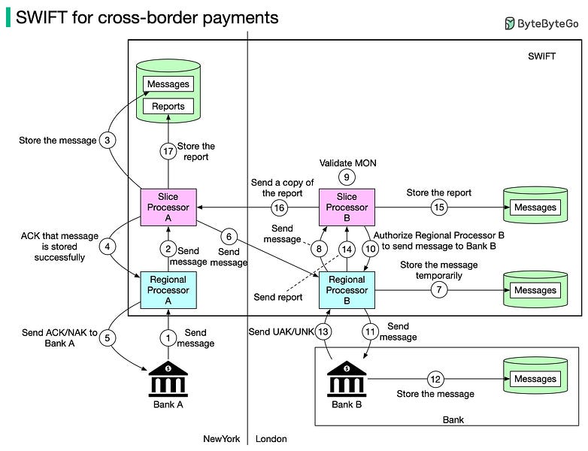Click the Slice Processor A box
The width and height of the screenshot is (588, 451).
[x=168, y=207]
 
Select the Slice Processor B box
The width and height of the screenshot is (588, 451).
[x=347, y=207]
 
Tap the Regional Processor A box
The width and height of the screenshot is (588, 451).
[x=168, y=290]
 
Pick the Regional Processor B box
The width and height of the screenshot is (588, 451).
[x=347, y=290]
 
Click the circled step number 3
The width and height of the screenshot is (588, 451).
[x=108, y=140]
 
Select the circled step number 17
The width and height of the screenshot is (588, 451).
[x=168, y=152]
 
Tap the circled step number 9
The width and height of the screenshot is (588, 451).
[x=347, y=178]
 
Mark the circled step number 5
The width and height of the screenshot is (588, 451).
[x=108, y=338]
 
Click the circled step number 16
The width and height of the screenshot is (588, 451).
[x=280, y=207]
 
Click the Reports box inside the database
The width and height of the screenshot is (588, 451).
[x=168, y=106]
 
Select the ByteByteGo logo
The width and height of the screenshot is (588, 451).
[x=541, y=23]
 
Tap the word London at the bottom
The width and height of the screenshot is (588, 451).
[x=271, y=439]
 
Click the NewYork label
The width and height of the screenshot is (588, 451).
[x=221, y=439]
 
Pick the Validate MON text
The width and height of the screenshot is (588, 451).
[x=347, y=162]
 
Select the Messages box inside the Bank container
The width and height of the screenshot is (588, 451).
[x=535, y=379]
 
